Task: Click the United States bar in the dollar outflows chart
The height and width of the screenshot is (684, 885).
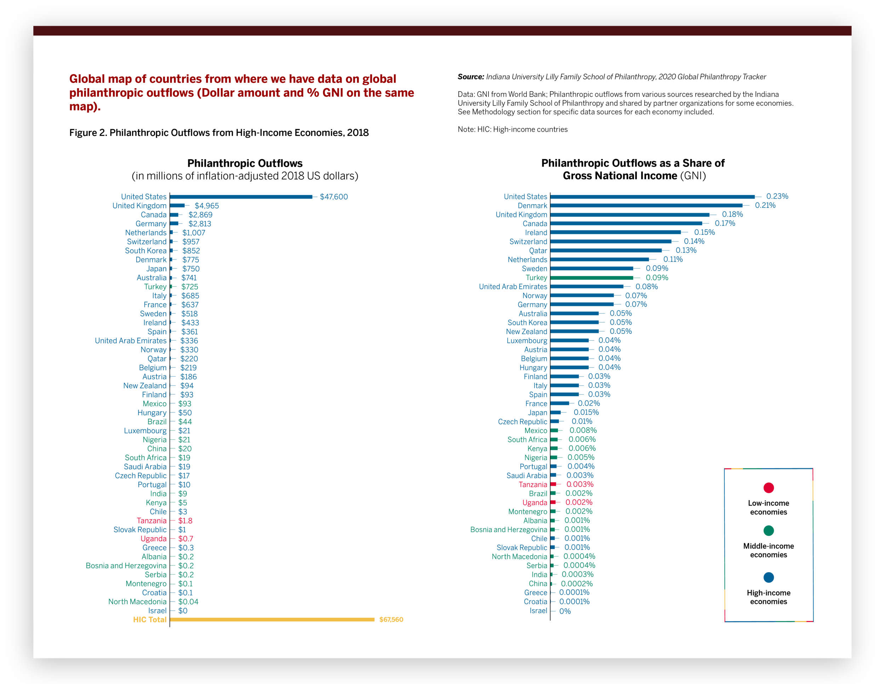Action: pos(241,197)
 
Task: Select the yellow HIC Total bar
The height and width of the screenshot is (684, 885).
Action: pos(272,619)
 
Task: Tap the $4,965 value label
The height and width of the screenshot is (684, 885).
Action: pos(207,206)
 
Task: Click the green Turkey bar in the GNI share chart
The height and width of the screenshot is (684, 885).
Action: pos(592,278)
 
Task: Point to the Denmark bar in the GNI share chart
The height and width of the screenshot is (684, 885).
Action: pos(646,205)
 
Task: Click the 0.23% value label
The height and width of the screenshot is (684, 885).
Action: pos(777,196)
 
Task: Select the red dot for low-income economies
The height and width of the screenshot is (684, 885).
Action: pos(768,488)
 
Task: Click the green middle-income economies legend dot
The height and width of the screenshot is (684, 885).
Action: pos(768,530)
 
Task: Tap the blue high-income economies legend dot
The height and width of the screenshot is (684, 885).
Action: pos(768,577)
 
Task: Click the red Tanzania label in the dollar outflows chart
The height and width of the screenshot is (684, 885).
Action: pos(152,521)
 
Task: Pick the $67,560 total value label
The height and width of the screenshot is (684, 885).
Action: pos(391,619)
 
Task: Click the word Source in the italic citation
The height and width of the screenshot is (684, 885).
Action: pos(470,77)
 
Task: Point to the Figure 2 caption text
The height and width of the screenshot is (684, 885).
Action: pos(219,133)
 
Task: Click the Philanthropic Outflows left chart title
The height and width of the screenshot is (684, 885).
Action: pos(245,163)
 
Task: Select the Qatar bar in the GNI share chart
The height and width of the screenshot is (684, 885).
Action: pos(606,250)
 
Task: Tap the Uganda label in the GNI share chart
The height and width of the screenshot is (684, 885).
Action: pos(535,502)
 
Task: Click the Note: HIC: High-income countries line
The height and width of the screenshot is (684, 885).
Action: pos(513,129)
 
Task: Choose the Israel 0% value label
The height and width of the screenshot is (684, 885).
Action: pos(565,611)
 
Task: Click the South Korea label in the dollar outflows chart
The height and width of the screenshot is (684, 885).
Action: pos(145,251)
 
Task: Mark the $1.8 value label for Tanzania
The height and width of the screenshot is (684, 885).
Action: pos(185,521)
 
